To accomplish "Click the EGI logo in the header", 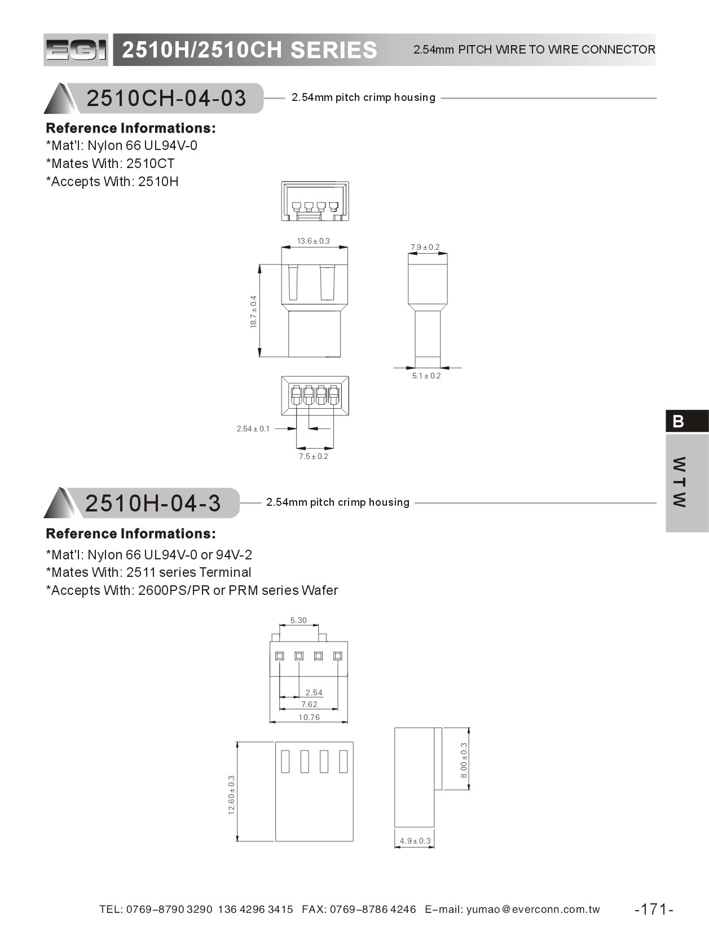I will coord(76,50).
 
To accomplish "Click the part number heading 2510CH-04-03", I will coord(166,98).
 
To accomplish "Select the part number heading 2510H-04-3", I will coord(152,503).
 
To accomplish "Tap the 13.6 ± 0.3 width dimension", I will coord(314,241).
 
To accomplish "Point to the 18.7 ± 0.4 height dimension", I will coord(253,312).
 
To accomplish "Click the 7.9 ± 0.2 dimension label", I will coord(425,248).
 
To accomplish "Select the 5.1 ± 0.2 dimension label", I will coord(426,376).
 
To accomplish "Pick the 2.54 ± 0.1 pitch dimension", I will coord(253,429).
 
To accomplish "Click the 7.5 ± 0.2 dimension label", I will coord(314,456).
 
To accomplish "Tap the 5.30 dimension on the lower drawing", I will coord(298,620).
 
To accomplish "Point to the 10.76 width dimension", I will coord(309,717).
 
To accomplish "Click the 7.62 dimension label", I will coord(309,704).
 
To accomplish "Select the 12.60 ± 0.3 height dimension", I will coord(231,794).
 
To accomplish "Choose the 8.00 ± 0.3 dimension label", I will coord(464,760).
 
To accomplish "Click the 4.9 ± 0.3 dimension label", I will coord(415,841).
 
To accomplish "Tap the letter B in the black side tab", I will coord(678,421).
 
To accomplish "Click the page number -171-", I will coord(654,909).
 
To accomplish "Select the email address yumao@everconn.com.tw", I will coord(533,909).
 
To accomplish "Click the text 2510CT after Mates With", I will coord(151,164).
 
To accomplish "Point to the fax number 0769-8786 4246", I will coord(373,909).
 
